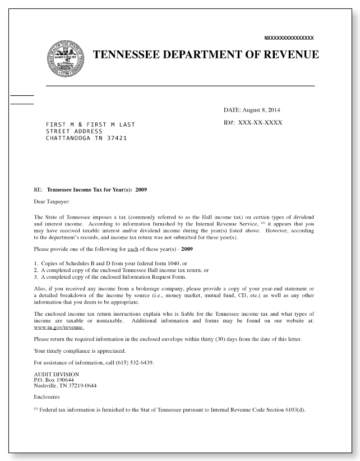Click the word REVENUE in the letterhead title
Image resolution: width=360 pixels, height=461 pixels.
[x=287, y=54]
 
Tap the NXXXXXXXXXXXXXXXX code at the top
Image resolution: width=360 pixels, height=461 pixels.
[x=289, y=38]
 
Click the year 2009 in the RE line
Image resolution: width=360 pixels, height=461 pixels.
[x=141, y=190]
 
